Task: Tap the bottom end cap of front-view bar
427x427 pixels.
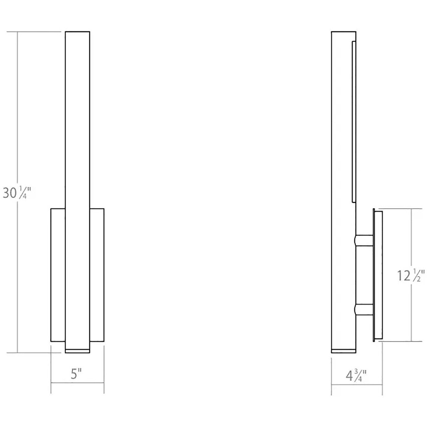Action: (x=77, y=351)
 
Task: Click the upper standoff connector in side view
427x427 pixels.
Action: (x=365, y=240)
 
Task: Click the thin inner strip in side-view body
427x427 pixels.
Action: (x=353, y=122)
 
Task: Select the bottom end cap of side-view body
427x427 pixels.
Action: (x=343, y=351)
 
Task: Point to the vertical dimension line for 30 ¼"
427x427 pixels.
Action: (x=17, y=124)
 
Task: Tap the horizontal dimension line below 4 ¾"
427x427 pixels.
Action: (x=357, y=385)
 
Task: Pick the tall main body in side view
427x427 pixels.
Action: (x=342, y=155)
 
